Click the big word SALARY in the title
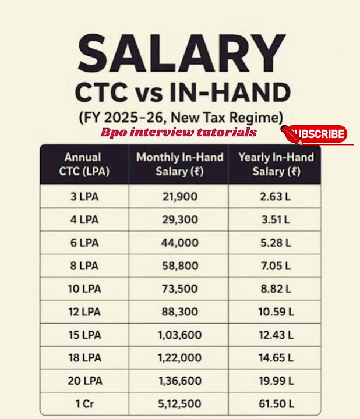(x=182, y=54)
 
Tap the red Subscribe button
(x=317, y=134)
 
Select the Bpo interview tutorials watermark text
(x=178, y=132)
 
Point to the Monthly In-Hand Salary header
(x=179, y=164)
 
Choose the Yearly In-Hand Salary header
(x=276, y=164)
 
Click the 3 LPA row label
(x=84, y=197)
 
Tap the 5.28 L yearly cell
(x=275, y=243)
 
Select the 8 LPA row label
(x=84, y=266)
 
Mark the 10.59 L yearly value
(x=275, y=313)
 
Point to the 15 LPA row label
(x=84, y=335)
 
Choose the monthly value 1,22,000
(x=179, y=358)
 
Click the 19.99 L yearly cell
(x=275, y=381)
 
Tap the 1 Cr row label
(x=84, y=404)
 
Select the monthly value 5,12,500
(x=179, y=404)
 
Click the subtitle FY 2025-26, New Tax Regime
(x=181, y=116)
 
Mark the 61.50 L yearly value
(x=275, y=404)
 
